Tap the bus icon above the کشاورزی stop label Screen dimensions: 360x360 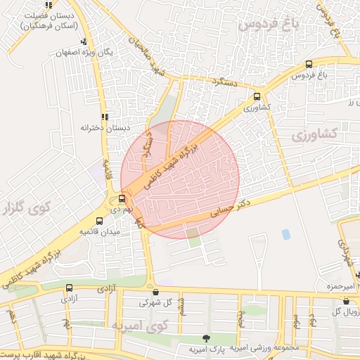click(257, 98)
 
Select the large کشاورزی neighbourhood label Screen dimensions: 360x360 click(314, 134)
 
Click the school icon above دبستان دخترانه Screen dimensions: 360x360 click(105, 117)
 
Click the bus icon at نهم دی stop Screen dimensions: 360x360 click(122, 199)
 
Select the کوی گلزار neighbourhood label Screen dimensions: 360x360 click(27, 209)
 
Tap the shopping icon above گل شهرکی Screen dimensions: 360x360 click(155, 292)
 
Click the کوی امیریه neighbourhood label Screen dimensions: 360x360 click(141, 325)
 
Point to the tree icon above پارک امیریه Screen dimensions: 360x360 click(205, 339)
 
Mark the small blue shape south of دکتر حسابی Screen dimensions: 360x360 click(285, 234)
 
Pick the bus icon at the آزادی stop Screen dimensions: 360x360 click(69, 288)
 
